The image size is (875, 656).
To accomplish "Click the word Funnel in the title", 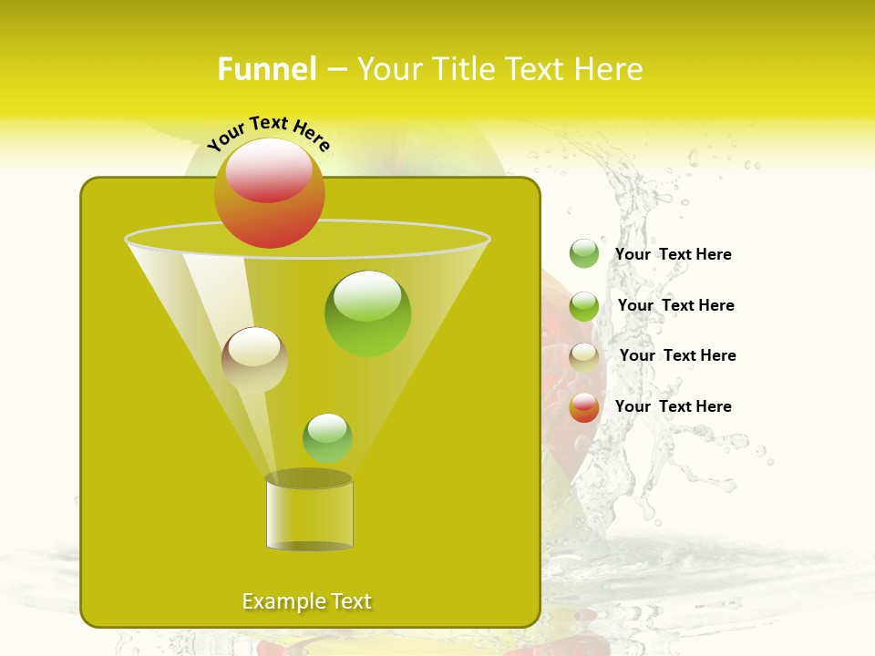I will pos(266,69).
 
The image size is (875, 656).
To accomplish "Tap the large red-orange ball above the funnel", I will pos(269,193).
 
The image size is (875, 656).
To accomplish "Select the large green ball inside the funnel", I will pos(367,313).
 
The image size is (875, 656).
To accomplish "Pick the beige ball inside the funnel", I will pos(254,359).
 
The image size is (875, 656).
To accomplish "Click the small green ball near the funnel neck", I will pos(327,437).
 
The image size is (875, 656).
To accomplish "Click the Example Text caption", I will pos(306,601).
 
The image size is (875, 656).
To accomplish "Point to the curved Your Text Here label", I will pos(268,133).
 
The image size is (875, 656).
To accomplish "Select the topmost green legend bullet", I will pos(584,253).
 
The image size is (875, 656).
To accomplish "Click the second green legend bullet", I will pos(584,306).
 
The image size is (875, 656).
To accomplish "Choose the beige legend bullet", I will pos(584,357).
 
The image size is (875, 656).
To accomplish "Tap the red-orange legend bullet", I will pos(584,407).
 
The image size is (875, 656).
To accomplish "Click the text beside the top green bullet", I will pos(673,254).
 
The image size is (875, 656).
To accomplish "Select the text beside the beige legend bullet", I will pos(677,355).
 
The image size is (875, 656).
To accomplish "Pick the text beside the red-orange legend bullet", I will pos(673,406).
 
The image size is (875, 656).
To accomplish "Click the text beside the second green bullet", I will pos(675,305).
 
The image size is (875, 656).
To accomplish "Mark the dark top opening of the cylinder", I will pos(309,478).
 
